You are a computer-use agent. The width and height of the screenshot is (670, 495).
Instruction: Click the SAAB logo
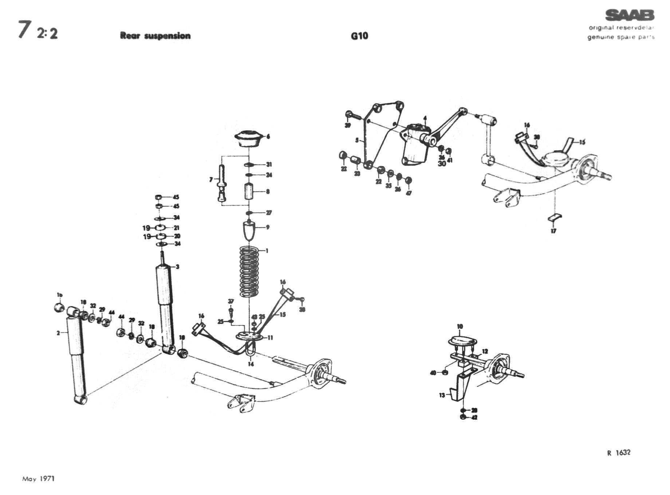(x=630, y=15)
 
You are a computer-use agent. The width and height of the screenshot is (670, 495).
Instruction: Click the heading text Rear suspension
(x=155, y=36)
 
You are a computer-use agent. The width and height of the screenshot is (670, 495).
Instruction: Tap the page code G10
(x=359, y=36)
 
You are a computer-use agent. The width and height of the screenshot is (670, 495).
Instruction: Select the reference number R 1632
(x=619, y=453)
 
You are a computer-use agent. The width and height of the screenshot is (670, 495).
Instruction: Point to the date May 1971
(x=38, y=479)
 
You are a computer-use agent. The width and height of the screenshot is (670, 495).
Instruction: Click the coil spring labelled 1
(x=249, y=271)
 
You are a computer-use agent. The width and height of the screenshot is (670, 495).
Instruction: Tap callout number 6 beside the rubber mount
(x=268, y=137)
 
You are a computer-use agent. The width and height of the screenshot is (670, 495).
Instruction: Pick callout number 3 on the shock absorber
(x=177, y=267)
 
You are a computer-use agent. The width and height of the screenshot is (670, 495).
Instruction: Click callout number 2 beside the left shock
(x=58, y=333)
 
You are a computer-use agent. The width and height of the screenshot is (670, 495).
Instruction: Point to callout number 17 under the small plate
(x=553, y=231)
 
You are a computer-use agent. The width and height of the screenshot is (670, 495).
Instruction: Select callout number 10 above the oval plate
(x=460, y=326)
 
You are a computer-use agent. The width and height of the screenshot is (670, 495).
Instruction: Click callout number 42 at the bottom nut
(x=474, y=417)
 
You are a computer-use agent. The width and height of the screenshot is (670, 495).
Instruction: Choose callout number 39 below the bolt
(x=348, y=126)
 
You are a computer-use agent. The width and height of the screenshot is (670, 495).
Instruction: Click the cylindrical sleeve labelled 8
(x=249, y=191)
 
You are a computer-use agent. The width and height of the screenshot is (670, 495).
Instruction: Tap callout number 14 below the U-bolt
(x=251, y=364)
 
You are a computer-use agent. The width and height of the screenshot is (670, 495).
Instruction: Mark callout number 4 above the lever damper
(x=425, y=118)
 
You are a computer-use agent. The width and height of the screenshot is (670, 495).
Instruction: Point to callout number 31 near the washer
(x=269, y=165)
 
